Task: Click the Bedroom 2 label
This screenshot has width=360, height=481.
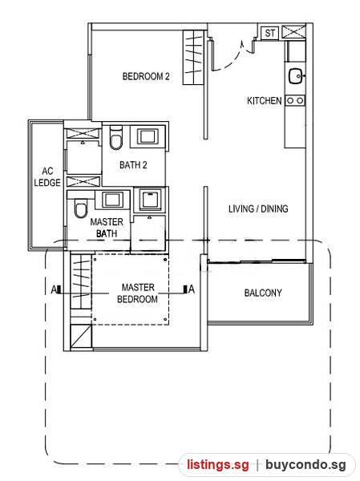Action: coord(146,76)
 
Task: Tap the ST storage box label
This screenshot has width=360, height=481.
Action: coord(269,33)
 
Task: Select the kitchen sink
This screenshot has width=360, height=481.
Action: coord(296,76)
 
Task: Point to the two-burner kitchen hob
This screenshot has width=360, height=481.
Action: coord(295,100)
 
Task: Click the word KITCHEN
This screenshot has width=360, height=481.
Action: coord(265,101)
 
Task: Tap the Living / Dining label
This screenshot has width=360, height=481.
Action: coord(258,209)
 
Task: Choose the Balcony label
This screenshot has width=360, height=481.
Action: coord(263,293)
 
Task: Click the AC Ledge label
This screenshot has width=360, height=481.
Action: coord(47,176)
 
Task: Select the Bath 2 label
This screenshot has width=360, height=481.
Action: coord(133,165)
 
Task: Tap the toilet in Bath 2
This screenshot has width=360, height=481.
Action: coord(116,138)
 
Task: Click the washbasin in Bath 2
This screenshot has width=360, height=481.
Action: coord(148,136)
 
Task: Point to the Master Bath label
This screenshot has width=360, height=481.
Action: coord(107,228)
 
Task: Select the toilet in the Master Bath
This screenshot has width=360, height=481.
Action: coord(81,208)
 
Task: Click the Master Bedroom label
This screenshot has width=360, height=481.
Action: coord(137,293)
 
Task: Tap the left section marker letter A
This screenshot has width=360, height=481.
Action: coord(54,289)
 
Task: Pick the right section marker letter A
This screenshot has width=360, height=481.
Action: coord(192,289)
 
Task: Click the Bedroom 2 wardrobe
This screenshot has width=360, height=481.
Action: coord(194,58)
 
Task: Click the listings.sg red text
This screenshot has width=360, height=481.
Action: coord(218,465)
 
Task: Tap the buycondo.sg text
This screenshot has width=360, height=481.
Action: coord(305,465)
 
